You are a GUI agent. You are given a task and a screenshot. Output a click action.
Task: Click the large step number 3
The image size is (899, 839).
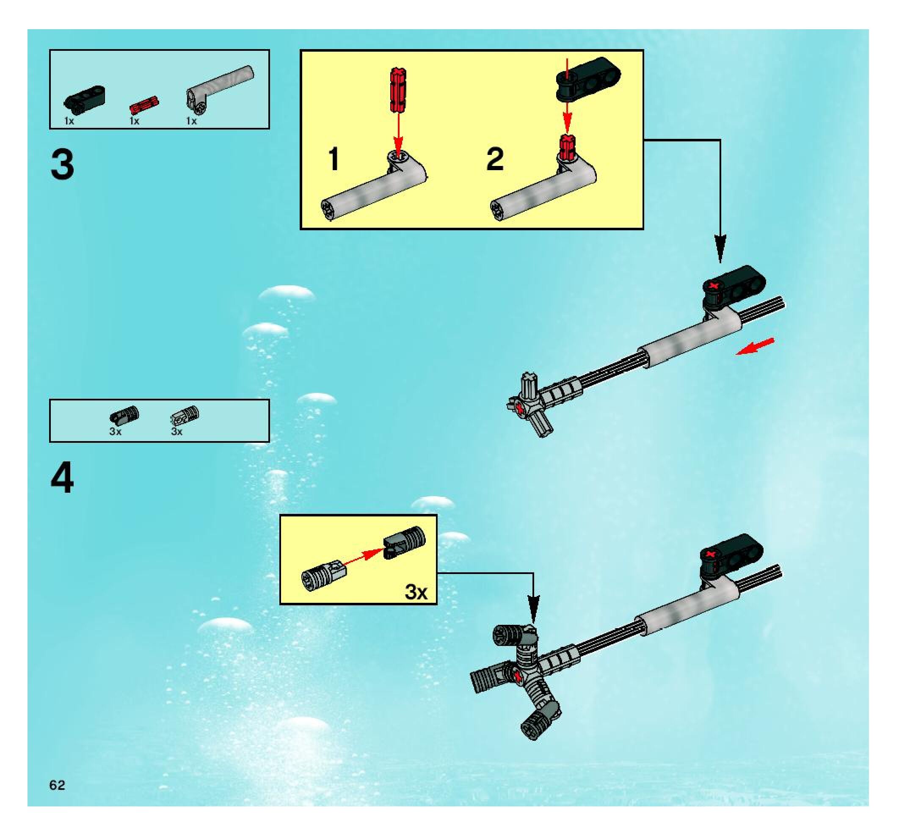coord(62,165)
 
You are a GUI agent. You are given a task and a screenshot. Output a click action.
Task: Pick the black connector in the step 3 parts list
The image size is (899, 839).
coord(85,98)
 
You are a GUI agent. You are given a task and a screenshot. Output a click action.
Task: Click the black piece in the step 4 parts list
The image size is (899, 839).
coord(124,415)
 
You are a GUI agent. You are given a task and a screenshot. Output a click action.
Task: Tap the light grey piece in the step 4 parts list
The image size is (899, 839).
coord(185,414)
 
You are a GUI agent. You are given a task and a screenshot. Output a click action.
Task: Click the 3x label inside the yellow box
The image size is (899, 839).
coord(416,592)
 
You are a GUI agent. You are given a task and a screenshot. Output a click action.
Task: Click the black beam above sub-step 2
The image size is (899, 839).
coord(588,78)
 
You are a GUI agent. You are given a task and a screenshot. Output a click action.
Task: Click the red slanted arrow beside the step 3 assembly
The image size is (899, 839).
coord(755,346)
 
